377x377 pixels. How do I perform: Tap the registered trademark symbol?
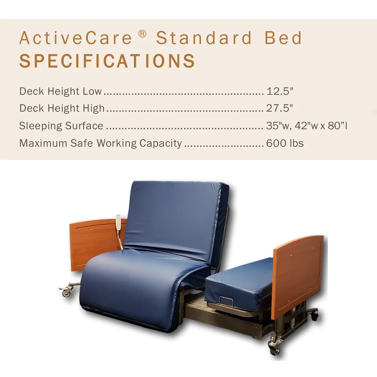coord(142,34)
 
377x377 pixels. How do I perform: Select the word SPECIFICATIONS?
coord(107,61)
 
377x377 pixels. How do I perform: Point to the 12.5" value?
coord(280,91)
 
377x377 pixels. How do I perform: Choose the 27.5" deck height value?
coord(280,108)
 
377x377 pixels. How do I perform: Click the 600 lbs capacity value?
coord(285,143)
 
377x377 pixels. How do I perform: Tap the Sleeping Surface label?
coord(61,126)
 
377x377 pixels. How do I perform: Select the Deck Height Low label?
coord(60,91)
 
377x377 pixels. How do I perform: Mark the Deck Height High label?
coord(62,108)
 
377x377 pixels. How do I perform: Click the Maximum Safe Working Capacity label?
coord(100,143)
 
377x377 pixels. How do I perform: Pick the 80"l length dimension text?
coord(337,126)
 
